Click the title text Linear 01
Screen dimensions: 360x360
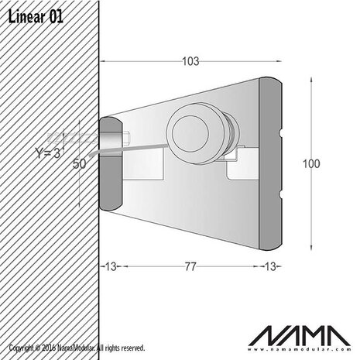click(x=35, y=16)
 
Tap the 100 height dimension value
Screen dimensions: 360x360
click(x=312, y=163)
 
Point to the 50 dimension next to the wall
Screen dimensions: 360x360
click(x=80, y=163)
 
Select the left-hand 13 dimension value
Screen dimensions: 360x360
click(x=110, y=266)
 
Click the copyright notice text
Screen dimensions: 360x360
click(x=77, y=350)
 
